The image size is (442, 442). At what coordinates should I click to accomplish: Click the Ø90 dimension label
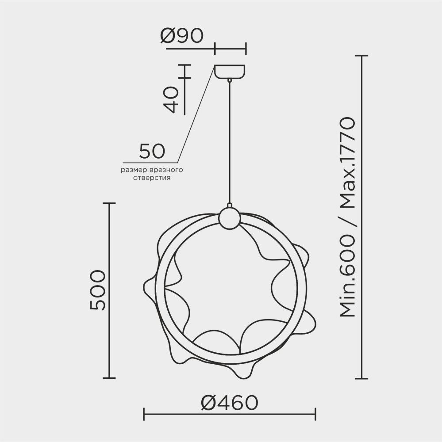coord(182,35)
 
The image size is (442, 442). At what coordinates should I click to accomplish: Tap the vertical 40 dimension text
coord(171,100)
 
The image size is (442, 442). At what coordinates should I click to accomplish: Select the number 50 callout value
coord(152,151)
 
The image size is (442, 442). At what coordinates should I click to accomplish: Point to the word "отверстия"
coord(152,178)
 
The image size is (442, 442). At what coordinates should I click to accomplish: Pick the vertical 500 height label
coord(97,290)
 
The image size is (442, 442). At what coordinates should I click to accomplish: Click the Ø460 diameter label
coord(230,403)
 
